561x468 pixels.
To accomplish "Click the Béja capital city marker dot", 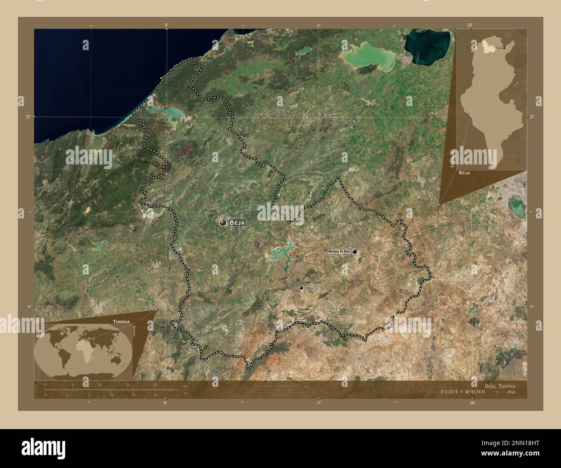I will [x=223, y=222].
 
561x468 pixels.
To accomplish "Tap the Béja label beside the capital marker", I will [x=238, y=223].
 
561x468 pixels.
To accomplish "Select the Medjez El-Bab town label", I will [x=339, y=251].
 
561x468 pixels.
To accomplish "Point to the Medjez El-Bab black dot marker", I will [x=355, y=251].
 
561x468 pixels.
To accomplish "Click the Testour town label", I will [x=309, y=288].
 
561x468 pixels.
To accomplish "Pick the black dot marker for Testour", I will [x=301, y=288].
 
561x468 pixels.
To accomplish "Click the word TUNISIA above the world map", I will [x=122, y=321].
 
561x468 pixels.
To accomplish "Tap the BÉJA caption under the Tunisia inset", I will [x=465, y=172].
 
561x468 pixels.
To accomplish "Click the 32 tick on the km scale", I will [x=155, y=384].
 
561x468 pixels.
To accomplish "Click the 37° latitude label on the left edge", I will [x=28, y=117].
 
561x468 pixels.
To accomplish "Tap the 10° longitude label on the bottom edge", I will [x=472, y=403].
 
